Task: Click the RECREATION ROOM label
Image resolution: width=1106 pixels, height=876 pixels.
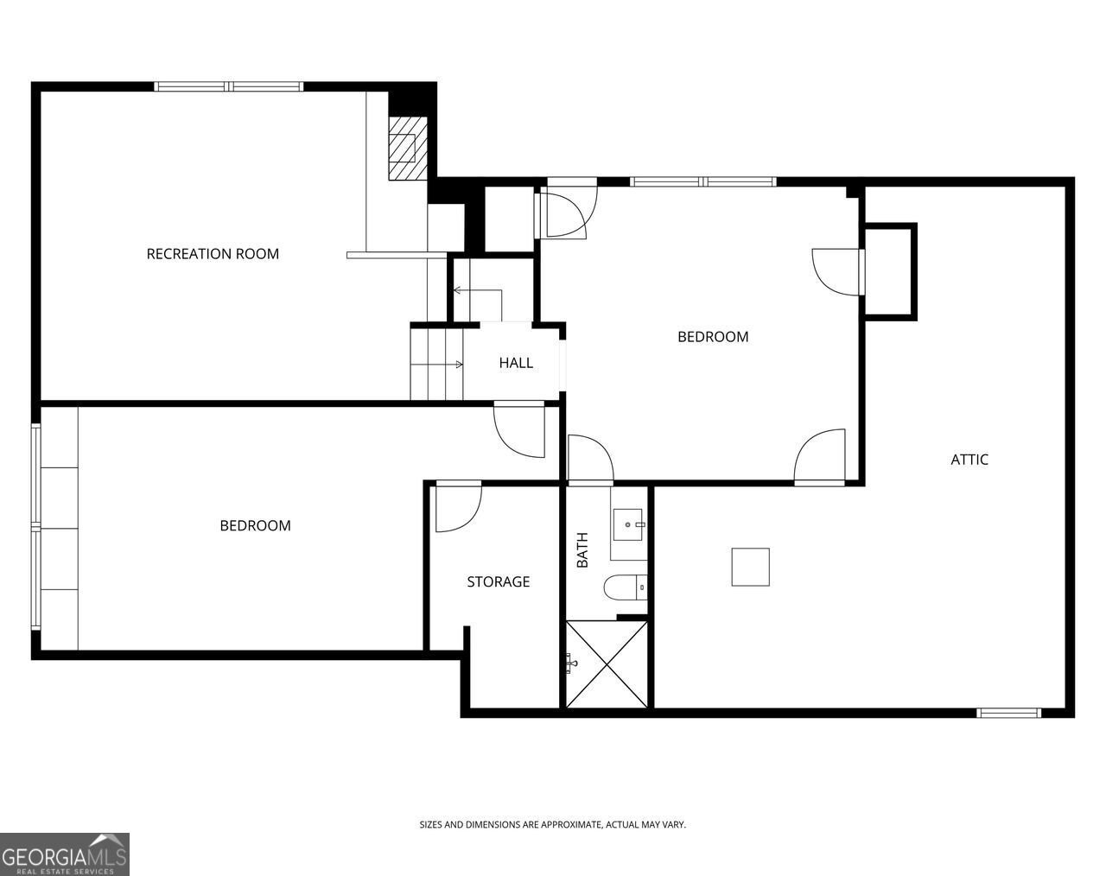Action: click(213, 254)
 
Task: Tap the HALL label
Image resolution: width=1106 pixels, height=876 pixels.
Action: click(516, 363)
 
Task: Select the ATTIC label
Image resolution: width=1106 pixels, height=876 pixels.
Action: click(969, 460)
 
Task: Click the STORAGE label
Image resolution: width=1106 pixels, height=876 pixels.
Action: click(499, 582)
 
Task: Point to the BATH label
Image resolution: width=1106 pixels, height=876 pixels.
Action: click(582, 550)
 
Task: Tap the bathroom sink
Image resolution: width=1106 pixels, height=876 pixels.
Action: click(628, 524)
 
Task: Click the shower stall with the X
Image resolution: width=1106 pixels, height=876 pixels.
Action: click(606, 663)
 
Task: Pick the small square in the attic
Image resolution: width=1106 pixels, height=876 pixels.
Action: click(750, 567)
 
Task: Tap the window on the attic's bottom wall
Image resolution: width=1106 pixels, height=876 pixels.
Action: click(1008, 713)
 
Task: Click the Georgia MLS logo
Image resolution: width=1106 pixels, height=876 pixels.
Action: click(65, 854)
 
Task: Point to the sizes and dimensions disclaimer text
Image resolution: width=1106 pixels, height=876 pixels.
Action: click(552, 825)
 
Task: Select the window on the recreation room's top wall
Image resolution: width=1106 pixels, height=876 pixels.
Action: click(229, 86)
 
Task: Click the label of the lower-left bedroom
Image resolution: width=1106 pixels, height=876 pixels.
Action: click(255, 525)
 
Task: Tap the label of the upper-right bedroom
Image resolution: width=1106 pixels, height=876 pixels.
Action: click(713, 337)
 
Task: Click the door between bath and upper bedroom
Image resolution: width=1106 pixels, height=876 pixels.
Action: click(590, 458)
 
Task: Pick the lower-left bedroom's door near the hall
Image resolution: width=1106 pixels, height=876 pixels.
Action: click(519, 429)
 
